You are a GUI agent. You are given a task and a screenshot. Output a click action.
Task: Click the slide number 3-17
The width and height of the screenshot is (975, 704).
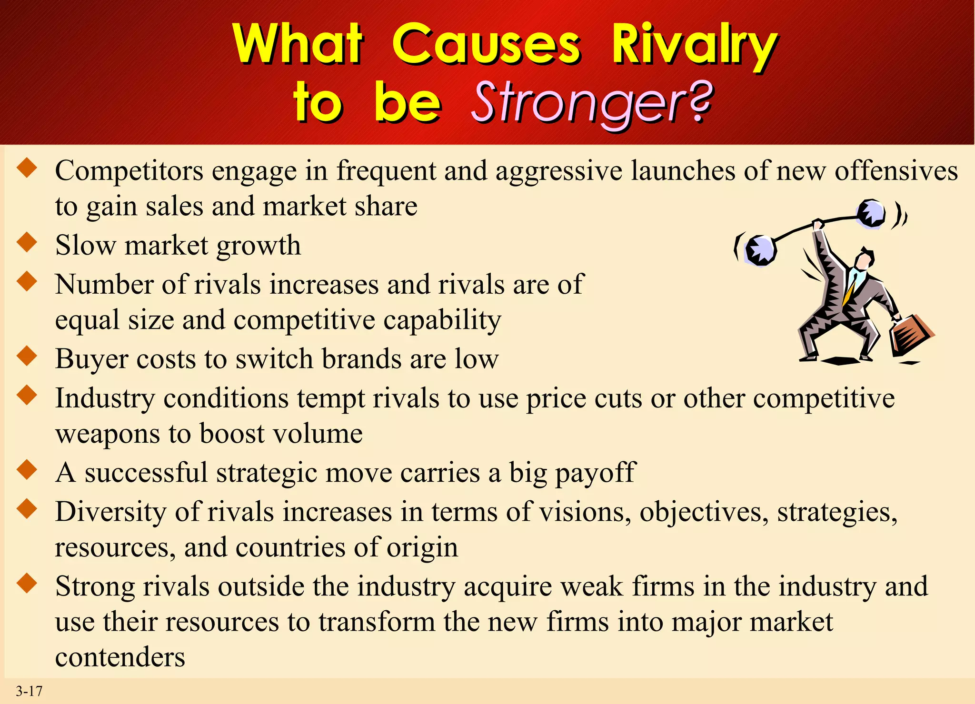[30, 691]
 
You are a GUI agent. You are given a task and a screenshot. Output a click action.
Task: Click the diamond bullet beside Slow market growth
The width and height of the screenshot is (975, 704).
[27, 242]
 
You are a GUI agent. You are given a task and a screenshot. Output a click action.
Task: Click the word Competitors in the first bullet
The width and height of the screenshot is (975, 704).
[129, 171]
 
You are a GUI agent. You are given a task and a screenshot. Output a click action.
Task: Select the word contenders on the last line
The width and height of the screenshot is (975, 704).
[120, 657]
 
